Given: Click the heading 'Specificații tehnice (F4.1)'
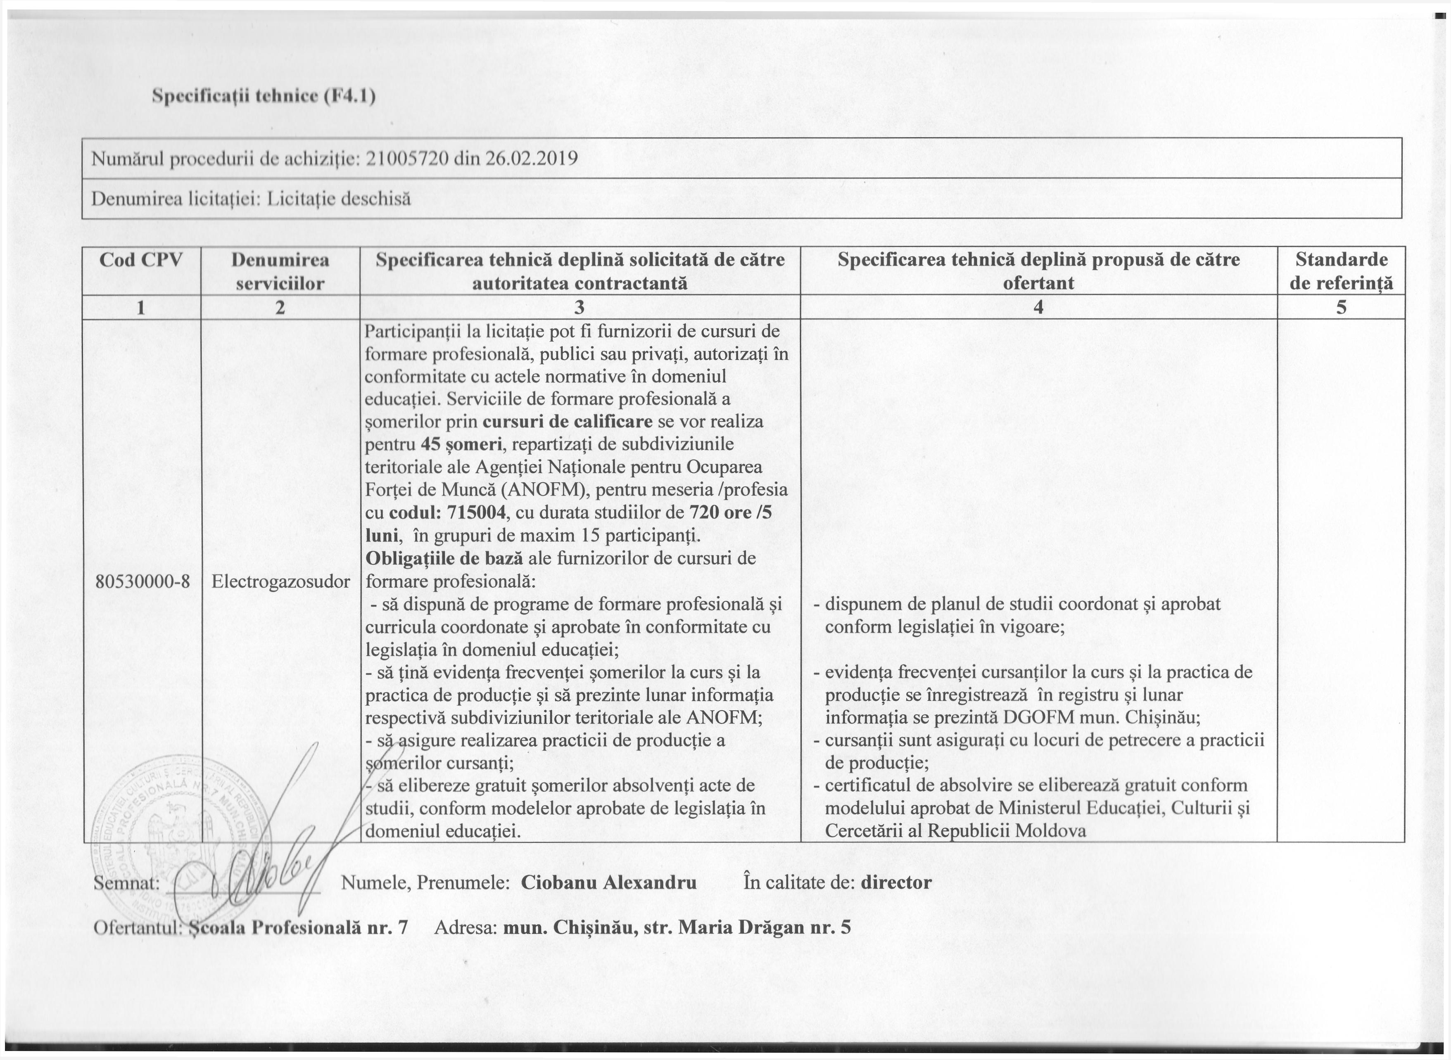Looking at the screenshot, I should [263, 96].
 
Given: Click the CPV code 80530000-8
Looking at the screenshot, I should [142, 581].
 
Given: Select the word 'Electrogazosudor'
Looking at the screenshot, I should [280, 581].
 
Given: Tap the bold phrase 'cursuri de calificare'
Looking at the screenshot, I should [568, 422].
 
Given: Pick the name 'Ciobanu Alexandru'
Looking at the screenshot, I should [608, 882].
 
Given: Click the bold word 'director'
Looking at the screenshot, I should [896, 882].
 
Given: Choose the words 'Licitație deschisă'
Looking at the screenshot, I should [338, 199].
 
